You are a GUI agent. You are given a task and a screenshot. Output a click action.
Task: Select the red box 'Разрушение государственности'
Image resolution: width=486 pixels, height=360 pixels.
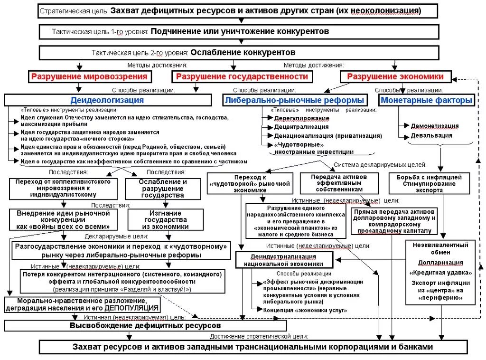(x=242, y=76)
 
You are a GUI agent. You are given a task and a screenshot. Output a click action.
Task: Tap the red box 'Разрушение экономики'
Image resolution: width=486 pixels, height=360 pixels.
(x=395, y=76)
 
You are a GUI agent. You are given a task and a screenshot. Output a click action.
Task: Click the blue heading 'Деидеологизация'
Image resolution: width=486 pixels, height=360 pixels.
(x=107, y=100)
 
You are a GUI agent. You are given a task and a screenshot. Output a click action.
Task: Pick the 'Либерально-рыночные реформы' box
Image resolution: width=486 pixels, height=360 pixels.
(x=295, y=100)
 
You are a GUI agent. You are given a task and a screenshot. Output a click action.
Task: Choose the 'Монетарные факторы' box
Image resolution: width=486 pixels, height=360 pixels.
(x=426, y=100)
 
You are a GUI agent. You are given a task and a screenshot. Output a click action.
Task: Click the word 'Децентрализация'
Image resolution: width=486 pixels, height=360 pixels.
(x=301, y=127)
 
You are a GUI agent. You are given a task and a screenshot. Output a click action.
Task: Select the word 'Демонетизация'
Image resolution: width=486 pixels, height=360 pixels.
(x=435, y=126)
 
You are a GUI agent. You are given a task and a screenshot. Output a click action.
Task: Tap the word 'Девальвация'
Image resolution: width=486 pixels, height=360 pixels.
(x=431, y=135)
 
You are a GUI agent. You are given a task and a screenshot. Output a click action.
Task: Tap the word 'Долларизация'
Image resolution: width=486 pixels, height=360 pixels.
(x=440, y=263)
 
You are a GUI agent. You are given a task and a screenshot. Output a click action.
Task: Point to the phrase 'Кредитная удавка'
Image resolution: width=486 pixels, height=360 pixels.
(x=440, y=273)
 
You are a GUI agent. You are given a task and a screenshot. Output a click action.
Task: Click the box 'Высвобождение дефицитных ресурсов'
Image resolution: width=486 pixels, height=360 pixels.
(x=145, y=326)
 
